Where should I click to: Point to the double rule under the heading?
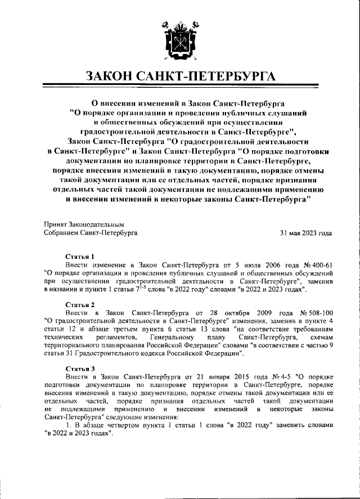[179, 89]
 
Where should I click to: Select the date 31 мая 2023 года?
[306, 232]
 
